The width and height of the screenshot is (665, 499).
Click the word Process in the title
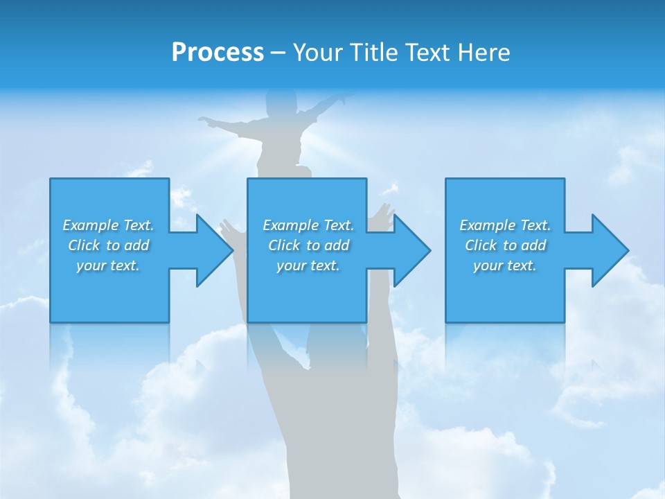point(218,53)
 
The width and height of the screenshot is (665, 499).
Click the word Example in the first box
point(91,225)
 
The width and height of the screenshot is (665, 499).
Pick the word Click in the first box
point(84,245)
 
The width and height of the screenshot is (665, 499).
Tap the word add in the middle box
point(337,245)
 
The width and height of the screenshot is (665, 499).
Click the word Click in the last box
point(481,245)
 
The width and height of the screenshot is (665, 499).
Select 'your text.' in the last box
point(504,265)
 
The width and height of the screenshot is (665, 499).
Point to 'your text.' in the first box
point(108,265)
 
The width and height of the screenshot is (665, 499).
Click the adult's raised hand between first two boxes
point(229,229)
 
